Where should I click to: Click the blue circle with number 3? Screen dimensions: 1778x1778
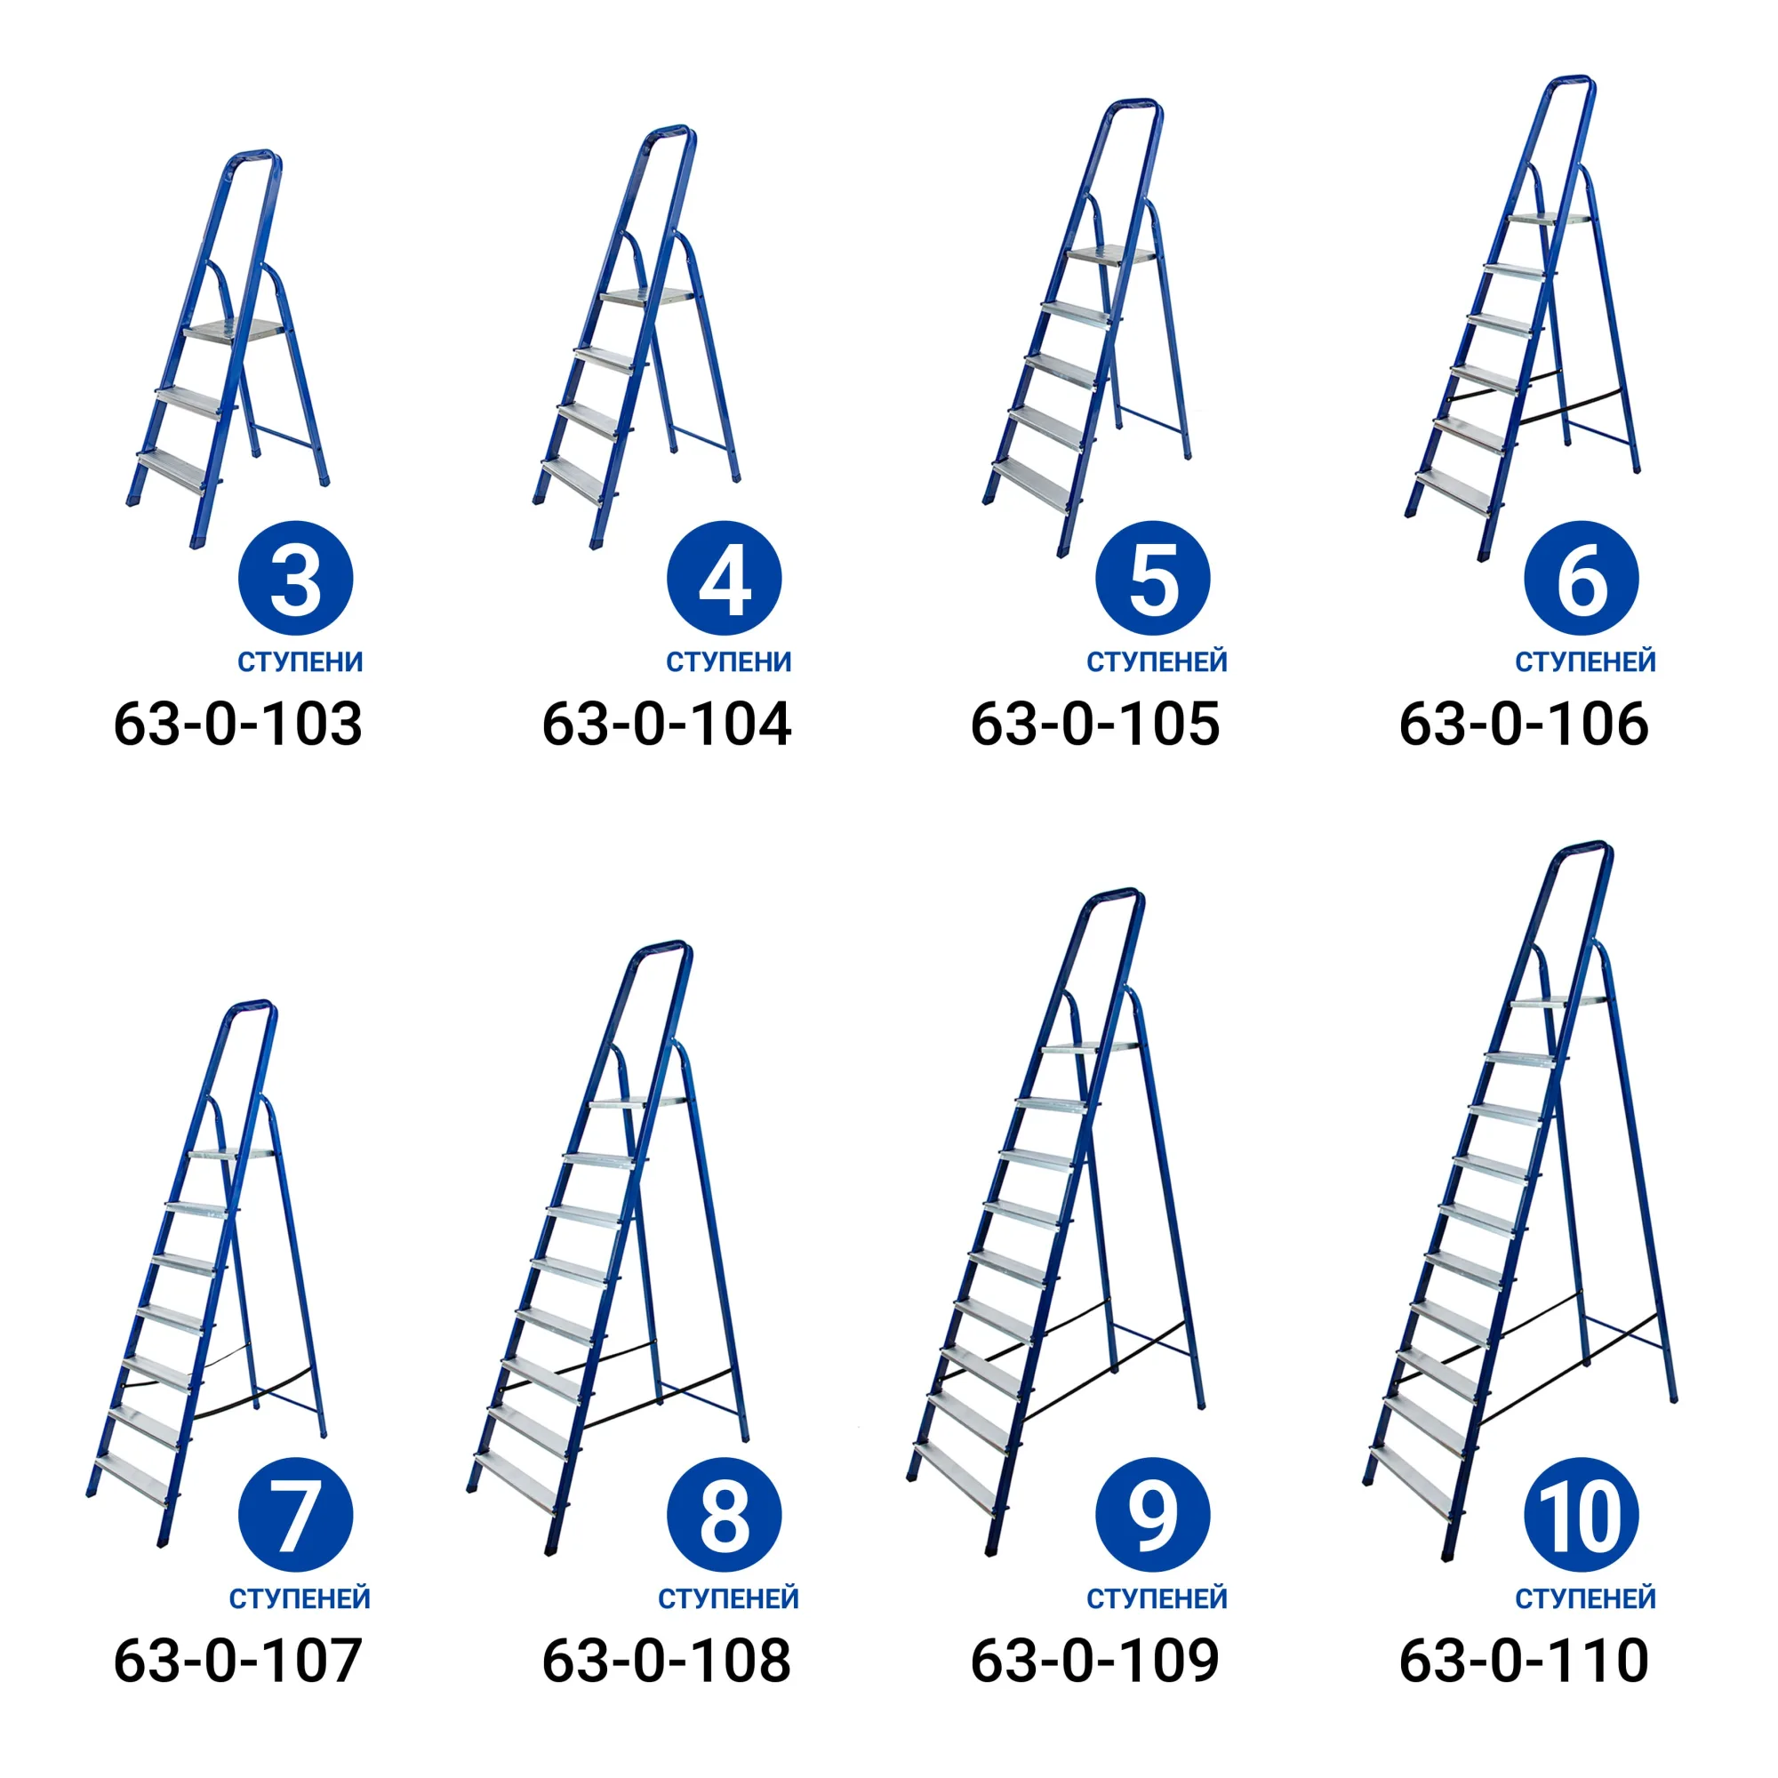(295, 578)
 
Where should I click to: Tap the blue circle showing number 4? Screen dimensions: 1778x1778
(725, 578)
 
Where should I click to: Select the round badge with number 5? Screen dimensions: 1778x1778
(1153, 578)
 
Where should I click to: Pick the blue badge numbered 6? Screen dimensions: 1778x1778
(1582, 578)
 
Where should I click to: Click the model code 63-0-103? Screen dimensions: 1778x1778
(237, 724)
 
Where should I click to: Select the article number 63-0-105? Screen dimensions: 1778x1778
(1095, 724)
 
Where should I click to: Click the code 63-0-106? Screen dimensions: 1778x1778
(1524, 724)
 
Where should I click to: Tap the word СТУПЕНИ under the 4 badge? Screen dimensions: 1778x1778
(729, 661)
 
